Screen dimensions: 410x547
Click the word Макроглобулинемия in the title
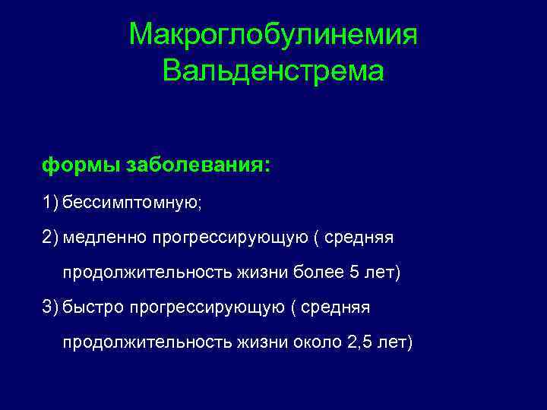273,34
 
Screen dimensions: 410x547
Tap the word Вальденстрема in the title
273,72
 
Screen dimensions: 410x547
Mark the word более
313,273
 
